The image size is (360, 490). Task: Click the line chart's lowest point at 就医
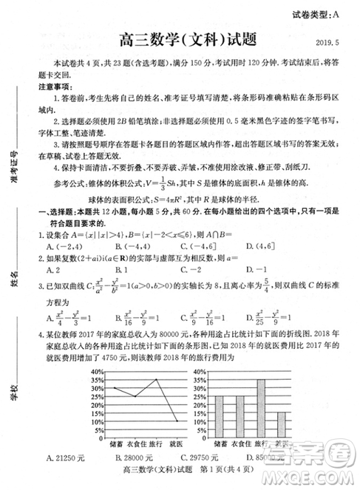coord(175,421)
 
